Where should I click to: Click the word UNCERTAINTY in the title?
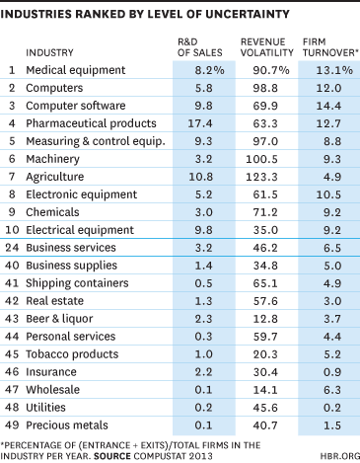pos(248,14)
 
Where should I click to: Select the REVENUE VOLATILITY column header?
pos(266,47)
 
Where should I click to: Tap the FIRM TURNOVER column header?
pos(330,47)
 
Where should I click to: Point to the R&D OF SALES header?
pos(200,47)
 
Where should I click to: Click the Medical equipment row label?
pos(76,70)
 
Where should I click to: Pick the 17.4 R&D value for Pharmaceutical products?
pos(200,123)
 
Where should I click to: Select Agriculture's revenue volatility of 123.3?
pos(261,177)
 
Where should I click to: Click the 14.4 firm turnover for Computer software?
pos(328,106)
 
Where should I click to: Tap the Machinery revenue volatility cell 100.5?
pos(261,159)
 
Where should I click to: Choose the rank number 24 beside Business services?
pos(12,248)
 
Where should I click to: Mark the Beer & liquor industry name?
pos(59,319)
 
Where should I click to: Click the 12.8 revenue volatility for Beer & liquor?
pos(265,319)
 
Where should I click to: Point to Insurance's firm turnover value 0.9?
pos(332,372)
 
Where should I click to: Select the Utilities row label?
pos(45,408)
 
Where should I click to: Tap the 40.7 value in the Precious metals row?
pos(265,425)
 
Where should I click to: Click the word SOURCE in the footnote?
pos(112,456)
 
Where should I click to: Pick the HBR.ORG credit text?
pos(340,456)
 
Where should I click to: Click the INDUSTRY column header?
pos(49,52)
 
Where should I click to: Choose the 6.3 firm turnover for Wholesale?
pos(332,390)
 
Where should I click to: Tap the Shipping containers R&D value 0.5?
pos(203,283)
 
